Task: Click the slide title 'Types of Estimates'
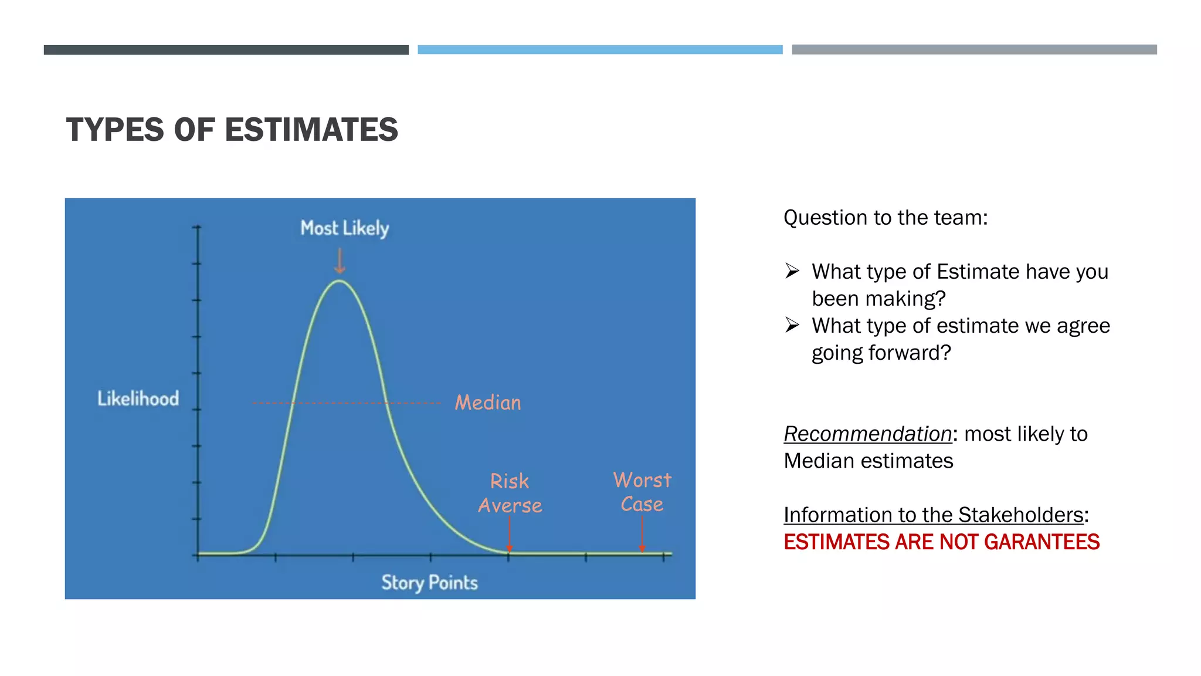(x=232, y=130)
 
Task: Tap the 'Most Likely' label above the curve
(x=344, y=228)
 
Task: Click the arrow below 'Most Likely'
(x=340, y=261)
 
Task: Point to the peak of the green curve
(x=340, y=281)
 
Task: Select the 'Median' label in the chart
(x=487, y=403)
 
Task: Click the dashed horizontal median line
(x=346, y=403)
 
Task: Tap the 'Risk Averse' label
(x=510, y=494)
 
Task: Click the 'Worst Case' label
(x=642, y=492)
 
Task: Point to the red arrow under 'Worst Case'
(x=642, y=534)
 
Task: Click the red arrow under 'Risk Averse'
(x=509, y=534)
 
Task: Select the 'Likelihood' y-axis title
(x=138, y=399)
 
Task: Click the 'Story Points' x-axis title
(x=429, y=583)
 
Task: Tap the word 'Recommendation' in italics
(x=867, y=434)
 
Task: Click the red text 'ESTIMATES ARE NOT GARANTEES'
(x=941, y=542)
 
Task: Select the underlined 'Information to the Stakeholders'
(x=934, y=515)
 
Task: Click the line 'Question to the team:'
(x=886, y=218)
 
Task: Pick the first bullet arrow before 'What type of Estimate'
(x=792, y=271)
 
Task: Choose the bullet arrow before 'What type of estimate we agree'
(x=792, y=325)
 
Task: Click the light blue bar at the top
(x=600, y=50)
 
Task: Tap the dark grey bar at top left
(x=226, y=50)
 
